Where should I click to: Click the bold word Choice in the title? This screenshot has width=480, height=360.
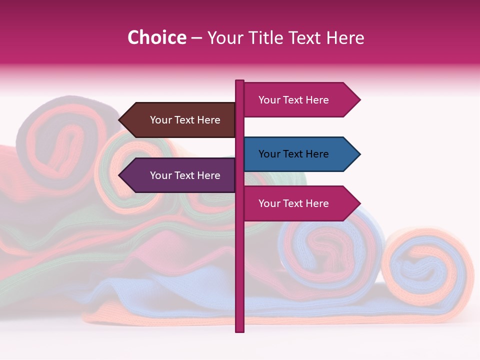click(156, 38)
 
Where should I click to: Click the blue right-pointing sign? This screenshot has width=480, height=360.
click(297, 154)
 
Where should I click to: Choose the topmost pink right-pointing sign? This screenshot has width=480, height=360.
click(297, 100)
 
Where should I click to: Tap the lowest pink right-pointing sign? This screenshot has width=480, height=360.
click(297, 203)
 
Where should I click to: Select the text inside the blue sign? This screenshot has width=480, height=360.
click(293, 154)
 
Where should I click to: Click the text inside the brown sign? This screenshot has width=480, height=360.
click(185, 120)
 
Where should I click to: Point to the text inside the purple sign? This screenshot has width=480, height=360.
click(185, 175)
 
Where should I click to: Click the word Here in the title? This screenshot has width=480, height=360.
click(345, 38)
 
